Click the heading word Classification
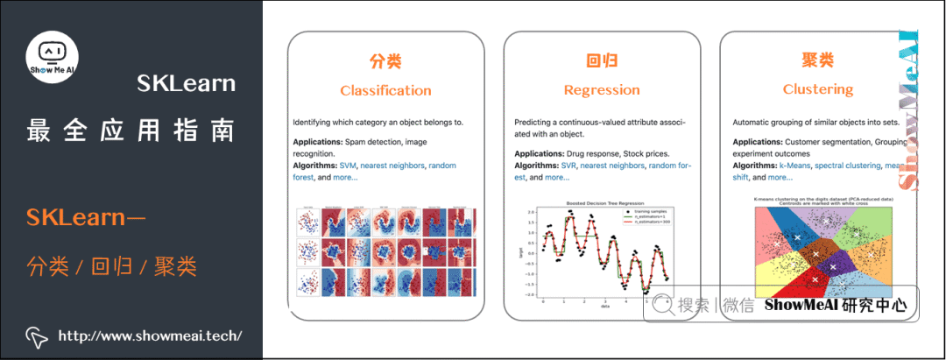click(x=385, y=90)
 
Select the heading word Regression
click(x=602, y=90)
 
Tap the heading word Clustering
click(x=817, y=89)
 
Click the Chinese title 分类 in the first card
click(x=385, y=61)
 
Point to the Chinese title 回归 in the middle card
click(x=602, y=61)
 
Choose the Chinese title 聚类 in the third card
click(x=817, y=61)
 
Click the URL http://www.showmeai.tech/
click(x=149, y=336)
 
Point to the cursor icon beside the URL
click(x=36, y=336)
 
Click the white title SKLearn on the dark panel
click(x=186, y=83)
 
